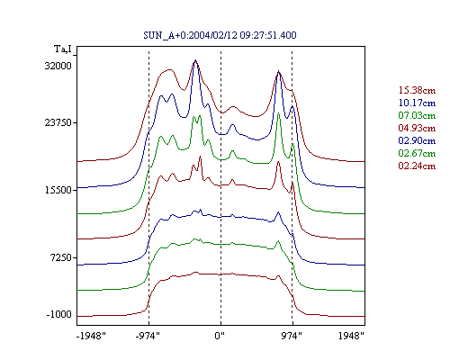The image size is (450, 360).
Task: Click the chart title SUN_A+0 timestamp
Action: [x=220, y=35]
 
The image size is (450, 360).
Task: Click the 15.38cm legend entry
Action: [x=417, y=90]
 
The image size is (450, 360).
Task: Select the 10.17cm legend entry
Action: [x=417, y=103]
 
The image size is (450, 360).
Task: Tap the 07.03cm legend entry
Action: [x=417, y=115]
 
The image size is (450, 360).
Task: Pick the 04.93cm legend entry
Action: [x=417, y=128]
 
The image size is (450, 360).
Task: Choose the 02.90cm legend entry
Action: [x=417, y=140]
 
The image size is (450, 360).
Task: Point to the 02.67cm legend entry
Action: [x=417, y=153]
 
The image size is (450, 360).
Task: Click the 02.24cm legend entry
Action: [x=417, y=166]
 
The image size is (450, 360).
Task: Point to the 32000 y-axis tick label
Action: [x=58, y=66]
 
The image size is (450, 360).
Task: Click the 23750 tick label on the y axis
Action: [x=58, y=122]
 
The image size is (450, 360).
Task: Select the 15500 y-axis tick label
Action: [x=58, y=190]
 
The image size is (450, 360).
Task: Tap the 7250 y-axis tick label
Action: [x=60, y=257]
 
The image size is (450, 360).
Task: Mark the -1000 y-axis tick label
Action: [x=59, y=314]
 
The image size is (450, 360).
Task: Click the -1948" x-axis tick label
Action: [x=91, y=336]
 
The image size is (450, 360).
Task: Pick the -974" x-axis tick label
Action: [x=148, y=336]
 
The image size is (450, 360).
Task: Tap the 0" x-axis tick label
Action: [x=220, y=336]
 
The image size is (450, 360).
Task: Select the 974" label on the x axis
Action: [x=292, y=336]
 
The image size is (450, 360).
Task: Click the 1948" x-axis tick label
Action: [x=351, y=336]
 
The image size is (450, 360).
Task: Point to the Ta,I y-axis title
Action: [x=63, y=49]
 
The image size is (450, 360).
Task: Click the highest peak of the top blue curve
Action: [x=195, y=60]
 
